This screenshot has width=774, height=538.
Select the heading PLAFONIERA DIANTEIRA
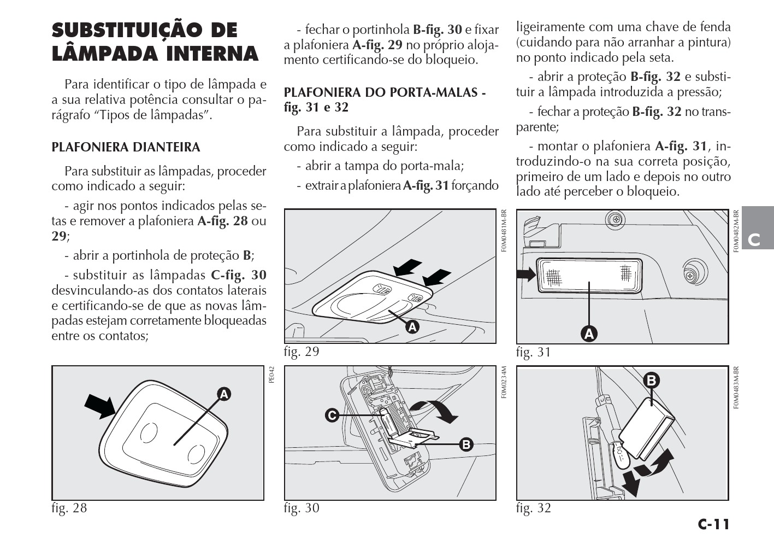[x=126, y=147]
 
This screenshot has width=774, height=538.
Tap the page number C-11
[x=713, y=524]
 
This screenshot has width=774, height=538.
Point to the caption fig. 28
[x=69, y=508]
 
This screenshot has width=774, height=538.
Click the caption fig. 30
[x=302, y=508]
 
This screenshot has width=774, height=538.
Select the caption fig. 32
[x=534, y=508]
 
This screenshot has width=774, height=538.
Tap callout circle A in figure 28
[x=224, y=394]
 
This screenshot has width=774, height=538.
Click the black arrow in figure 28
[x=100, y=406]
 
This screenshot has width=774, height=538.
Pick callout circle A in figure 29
[x=412, y=327]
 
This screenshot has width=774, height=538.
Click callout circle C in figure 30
[x=332, y=416]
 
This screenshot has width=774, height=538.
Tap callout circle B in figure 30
[x=466, y=444]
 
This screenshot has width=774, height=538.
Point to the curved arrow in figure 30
[x=435, y=410]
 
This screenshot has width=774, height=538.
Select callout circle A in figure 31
[x=588, y=333]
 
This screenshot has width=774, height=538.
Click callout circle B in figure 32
[x=651, y=380]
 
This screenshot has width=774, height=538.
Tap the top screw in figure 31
[x=615, y=219]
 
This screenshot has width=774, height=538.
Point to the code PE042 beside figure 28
[x=272, y=375]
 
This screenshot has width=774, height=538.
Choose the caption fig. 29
[x=302, y=352]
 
